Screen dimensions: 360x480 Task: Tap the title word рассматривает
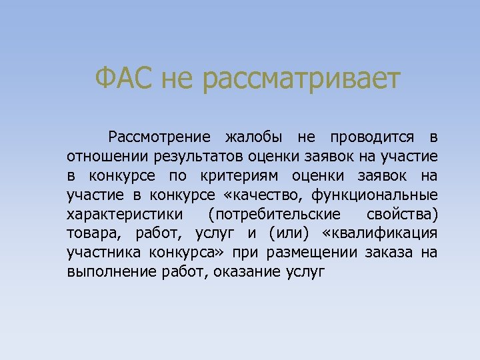301,80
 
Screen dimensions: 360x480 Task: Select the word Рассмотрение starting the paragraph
160,138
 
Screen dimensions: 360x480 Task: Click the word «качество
263,195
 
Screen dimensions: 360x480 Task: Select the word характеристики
118,215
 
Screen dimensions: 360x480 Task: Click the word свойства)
402,215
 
